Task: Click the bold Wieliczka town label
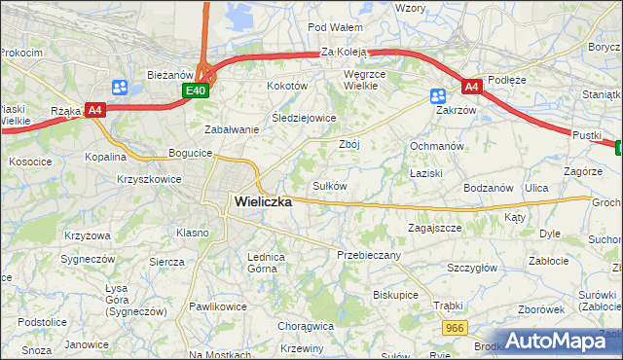pyautogui.click(x=263, y=202)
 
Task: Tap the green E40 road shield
pyautogui.click(x=196, y=90)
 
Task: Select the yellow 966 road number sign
pyautogui.click(x=453, y=330)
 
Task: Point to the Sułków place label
pyautogui.click(x=329, y=186)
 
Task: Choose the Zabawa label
pyautogui.click(x=231, y=129)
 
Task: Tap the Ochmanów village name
pyautogui.click(x=433, y=146)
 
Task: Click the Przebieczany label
pyautogui.click(x=368, y=254)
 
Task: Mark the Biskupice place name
pyautogui.click(x=395, y=294)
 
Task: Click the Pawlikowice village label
pyautogui.click(x=218, y=306)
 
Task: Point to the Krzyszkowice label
pyautogui.click(x=149, y=179)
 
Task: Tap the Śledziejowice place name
pyautogui.click(x=304, y=118)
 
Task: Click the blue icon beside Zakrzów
pyautogui.click(x=438, y=95)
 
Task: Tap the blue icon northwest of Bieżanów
pyautogui.click(x=120, y=87)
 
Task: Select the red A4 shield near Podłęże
pyautogui.click(x=471, y=87)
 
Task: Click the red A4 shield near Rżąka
pyautogui.click(x=94, y=110)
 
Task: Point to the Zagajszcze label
pyautogui.click(x=434, y=228)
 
